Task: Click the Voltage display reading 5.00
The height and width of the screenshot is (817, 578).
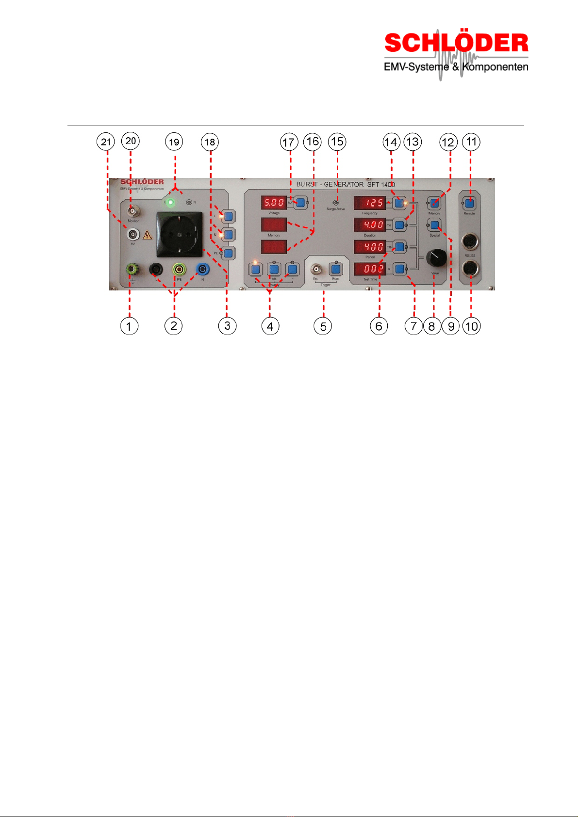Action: tap(274, 203)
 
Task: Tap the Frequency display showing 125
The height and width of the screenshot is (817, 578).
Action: tap(370, 203)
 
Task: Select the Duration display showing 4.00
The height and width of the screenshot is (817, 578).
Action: tap(370, 225)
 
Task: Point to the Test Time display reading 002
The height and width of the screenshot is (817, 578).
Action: tap(370, 269)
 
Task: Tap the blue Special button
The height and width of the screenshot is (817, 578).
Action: tap(435, 224)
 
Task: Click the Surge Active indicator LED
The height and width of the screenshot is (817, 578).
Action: tap(335, 203)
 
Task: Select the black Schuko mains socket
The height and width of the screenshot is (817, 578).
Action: tap(179, 234)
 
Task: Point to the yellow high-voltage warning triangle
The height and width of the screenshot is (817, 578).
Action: tap(148, 236)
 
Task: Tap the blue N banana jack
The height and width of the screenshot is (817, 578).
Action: tap(202, 269)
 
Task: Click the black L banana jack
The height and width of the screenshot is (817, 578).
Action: tap(156, 269)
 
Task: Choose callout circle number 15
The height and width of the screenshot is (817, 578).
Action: tap(337, 142)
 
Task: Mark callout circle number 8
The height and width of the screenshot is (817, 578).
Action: tap(432, 326)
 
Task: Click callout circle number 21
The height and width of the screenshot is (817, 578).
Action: tap(106, 142)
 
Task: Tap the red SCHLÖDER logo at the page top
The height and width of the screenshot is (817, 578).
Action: tap(456, 44)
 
